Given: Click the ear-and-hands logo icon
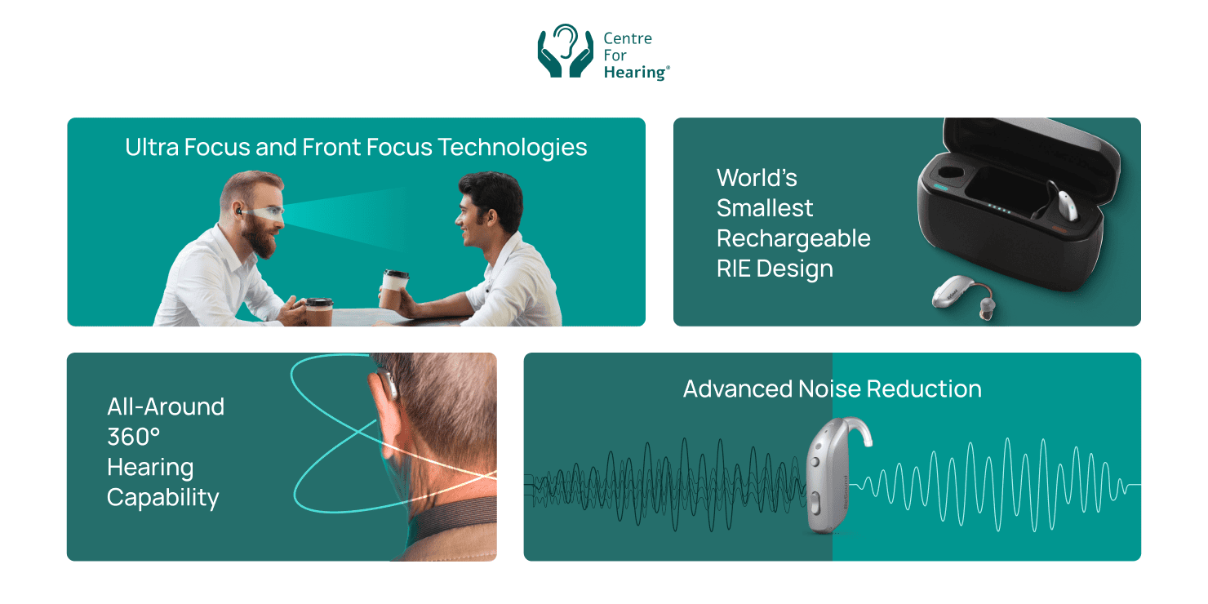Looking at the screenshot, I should [565, 52].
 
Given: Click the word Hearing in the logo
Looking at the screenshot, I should [635, 73].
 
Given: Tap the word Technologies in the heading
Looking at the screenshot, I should [512, 147].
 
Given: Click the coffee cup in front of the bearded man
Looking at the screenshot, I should [319, 311].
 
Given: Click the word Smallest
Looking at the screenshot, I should [765, 208].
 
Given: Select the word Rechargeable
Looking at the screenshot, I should [793, 238].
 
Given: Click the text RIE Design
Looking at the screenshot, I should [775, 269].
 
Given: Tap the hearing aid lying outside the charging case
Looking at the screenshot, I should [963, 295].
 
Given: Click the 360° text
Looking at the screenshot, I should [134, 437].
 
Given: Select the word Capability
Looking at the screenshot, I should [162, 497].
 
